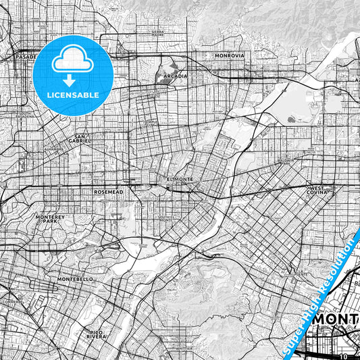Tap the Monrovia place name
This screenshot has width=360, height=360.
[x=228, y=55]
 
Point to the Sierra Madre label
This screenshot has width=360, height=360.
[x=157, y=33]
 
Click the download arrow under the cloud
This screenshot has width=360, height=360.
[x=74, y=76]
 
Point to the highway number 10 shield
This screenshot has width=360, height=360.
[x=343, y=355]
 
